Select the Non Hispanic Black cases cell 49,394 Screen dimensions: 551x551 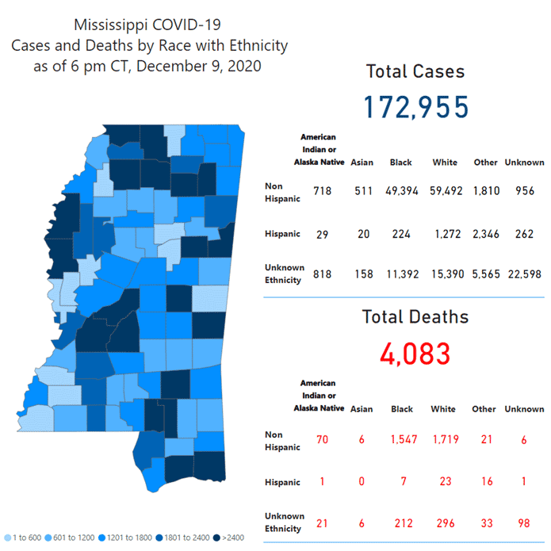(x=401, y=191)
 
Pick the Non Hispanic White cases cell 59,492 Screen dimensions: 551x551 (x=445, y=191)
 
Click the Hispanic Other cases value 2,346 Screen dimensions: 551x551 (x=486, y=233)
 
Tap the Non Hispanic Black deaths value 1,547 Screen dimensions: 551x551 (x=402, y=439)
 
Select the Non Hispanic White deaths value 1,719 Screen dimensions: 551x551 (x=444, y=439)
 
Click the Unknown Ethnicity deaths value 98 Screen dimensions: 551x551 (x=525, y=522)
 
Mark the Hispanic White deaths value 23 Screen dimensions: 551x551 (x=444, y=481)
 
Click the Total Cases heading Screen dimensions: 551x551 (x=415, y=71)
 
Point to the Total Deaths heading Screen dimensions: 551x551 (x=415, y=317)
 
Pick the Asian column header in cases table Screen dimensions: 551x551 (x=361, y=163)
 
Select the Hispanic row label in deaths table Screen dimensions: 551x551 (x=282, y=482)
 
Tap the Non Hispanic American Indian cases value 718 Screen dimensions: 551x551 (x=322, y=191)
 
